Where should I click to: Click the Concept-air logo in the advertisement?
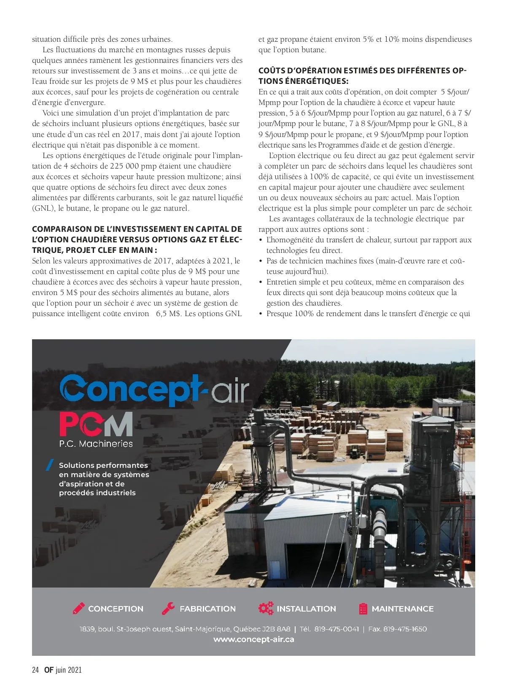tap(154, 389)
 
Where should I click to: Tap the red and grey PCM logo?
tap(96, 424)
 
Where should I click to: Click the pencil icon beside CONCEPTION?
tap(79, 608)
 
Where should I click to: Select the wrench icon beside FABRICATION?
tap(168, 608)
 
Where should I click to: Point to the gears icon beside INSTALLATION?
tap(266, 608)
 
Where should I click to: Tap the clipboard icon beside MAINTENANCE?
tap(363, 609)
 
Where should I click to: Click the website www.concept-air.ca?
tap(253, 639)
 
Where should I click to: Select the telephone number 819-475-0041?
tap(336, 629)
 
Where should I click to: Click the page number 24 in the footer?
tap(35, 670)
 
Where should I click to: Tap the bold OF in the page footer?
tap(49, 670)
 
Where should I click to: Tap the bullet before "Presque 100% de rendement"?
tap(261, 314)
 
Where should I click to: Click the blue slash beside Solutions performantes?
tap(50, 464)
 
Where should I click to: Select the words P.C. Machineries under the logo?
tap(96, 443)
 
